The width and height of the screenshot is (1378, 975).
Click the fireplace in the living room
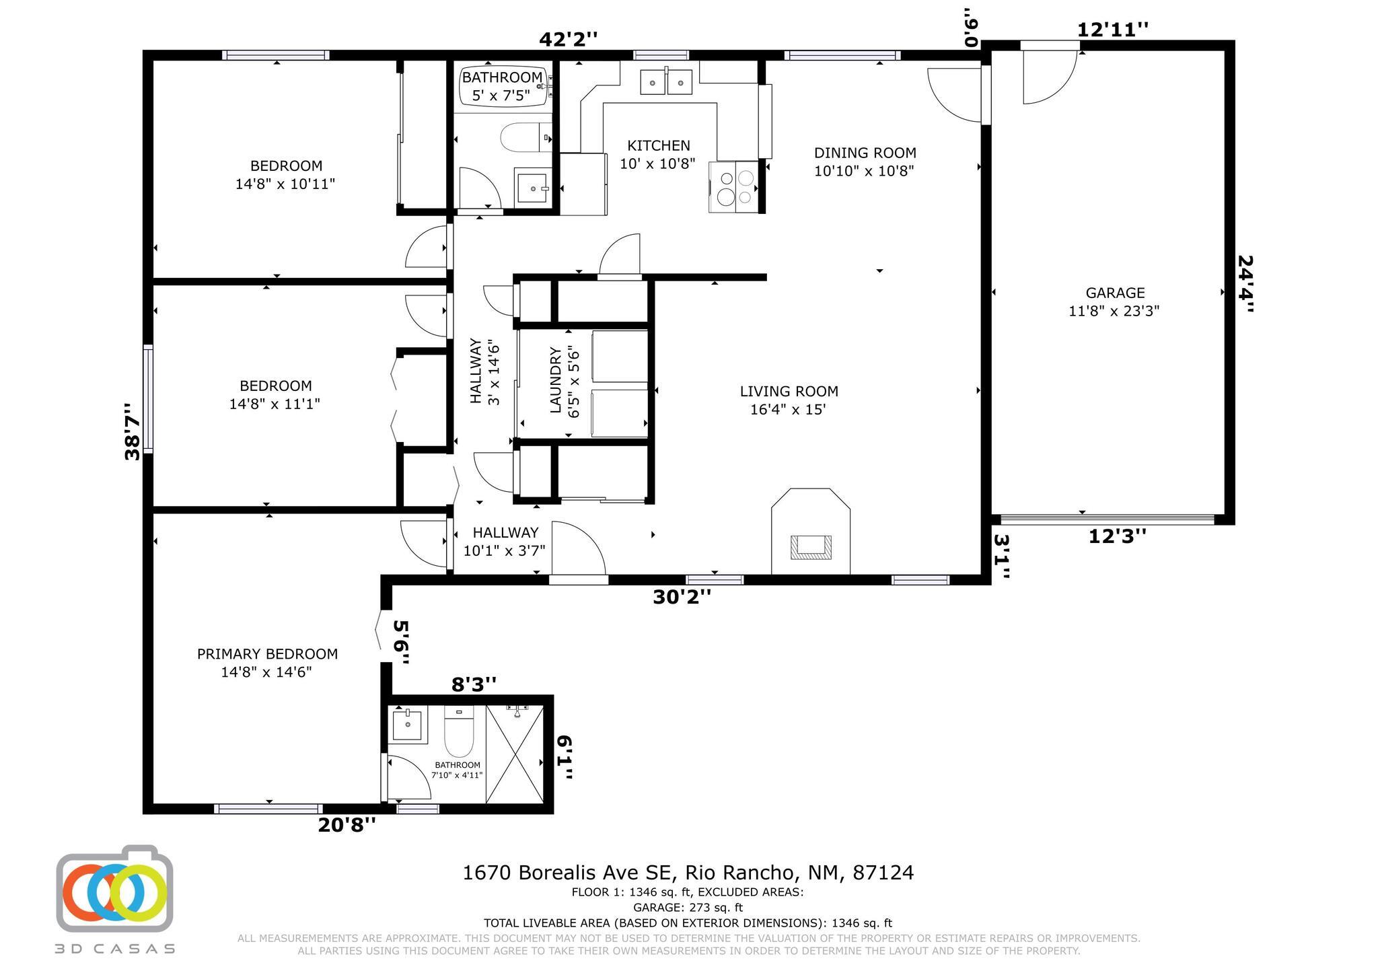coord(811,532)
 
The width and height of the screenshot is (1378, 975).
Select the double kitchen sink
coord(666,82)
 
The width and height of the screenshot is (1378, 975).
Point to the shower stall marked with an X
coord(515,754)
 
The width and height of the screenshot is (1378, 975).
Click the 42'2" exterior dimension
coord(568,39)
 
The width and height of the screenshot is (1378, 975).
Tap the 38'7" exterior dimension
coord(133,431)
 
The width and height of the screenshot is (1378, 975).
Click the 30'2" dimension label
coord(682,597)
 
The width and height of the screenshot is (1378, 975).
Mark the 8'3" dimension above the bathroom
coord(474,684)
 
